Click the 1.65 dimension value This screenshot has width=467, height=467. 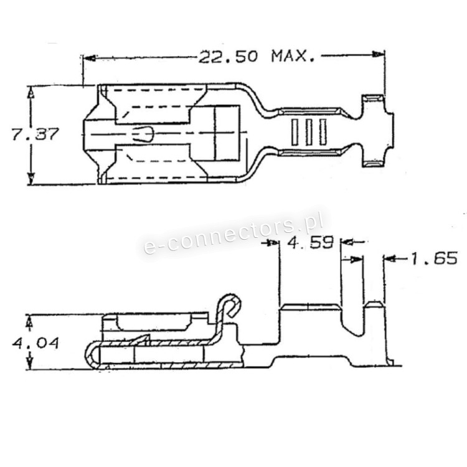click(x=433, y=258)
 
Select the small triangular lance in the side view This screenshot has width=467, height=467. click(x=142, y=339)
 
